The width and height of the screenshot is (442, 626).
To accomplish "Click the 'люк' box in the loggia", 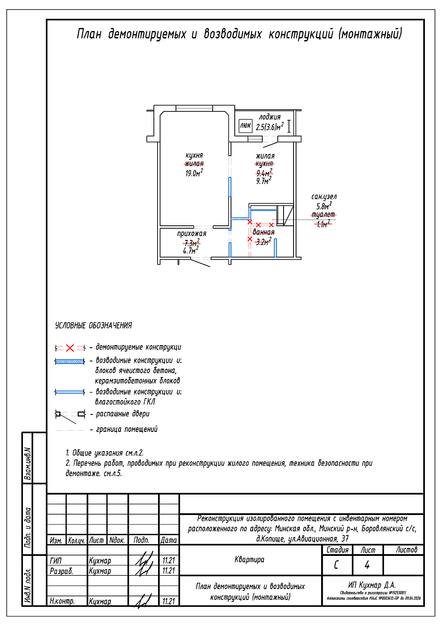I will tap(245, 126).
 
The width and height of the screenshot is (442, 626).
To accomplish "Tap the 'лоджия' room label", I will tap(270, 117).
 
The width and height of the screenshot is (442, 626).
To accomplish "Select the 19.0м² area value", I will tap(194, 173).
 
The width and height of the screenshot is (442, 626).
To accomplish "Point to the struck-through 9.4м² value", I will tap(264, 173).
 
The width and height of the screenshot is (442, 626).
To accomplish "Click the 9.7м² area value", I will tap(264, 181).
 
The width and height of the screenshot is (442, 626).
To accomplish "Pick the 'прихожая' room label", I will tap(191, 234).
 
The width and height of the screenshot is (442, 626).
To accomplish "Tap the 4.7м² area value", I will tap(191, 251).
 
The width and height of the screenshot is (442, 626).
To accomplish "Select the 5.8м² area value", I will tap(324, 206).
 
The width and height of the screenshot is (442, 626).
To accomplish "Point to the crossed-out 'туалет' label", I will tap(324, 215).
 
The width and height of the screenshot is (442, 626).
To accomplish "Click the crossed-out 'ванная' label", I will tap(264, 232).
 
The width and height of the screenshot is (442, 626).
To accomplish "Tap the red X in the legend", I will tap(70, 348).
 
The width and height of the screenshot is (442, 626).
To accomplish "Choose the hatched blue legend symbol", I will tap(70, 361).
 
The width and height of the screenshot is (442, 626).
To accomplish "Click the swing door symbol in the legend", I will tap(70, 414).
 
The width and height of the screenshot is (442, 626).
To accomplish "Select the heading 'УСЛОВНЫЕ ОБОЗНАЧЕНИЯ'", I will tap(93, 326).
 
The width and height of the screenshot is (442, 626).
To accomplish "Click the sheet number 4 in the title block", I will tap(367, 565).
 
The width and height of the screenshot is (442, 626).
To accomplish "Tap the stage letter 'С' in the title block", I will tap(337, 565).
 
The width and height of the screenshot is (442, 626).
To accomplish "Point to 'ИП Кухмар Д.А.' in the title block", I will tap(372, 585).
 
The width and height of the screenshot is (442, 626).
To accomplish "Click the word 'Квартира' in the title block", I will tap(249, 560).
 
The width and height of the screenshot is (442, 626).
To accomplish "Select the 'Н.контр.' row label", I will tap(62, 601).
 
